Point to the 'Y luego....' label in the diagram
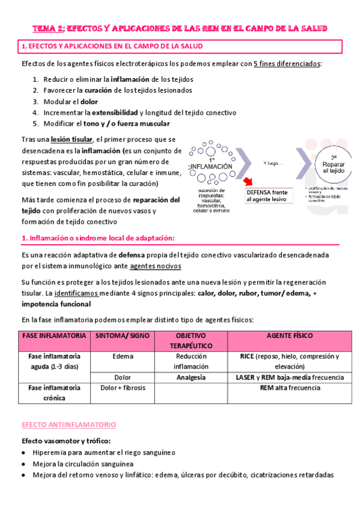tap(273, 163)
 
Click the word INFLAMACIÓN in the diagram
tap(211, 166)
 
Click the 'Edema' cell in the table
tap(123, 356)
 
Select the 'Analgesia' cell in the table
tap(191, 378)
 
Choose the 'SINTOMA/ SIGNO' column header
tap(122, 335)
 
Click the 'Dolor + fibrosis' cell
tap(123, 389)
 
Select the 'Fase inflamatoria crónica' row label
tap(54, 393)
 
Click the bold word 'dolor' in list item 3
tap(89, 102)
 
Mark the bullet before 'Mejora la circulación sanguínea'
tap(23, 464)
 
